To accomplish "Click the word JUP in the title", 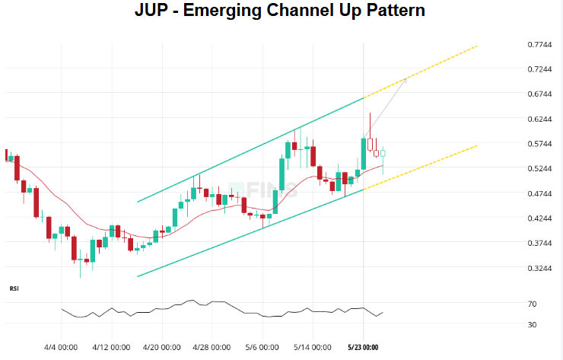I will pos(155,11).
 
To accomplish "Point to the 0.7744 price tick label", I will pos(539,44).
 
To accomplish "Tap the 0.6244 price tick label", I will pos(539,119).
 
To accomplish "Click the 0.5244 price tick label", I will pos(539,168).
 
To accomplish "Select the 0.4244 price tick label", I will pos(539,218).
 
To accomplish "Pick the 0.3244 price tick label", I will pos(539,268).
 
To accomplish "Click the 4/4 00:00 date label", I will pos(62,347).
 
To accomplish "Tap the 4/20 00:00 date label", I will pos(161,347).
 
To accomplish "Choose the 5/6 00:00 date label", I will pos(262,347).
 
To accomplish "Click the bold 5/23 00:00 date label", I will pos(362,347).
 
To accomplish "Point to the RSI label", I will pos(14,289).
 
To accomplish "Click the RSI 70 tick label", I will pos(533,304).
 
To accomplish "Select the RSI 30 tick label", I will pos(533,325).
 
